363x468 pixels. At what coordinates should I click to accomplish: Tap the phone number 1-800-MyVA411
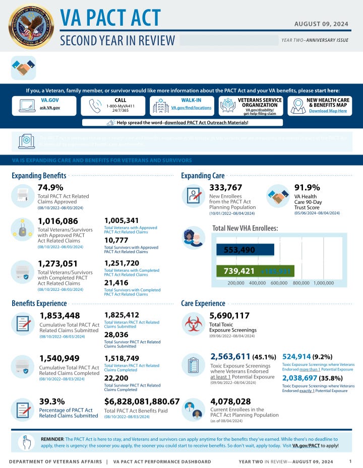[x=120, y=106]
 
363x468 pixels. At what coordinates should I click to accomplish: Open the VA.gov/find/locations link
[x=191, y=108]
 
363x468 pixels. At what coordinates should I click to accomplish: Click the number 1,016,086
[x=58, y=221]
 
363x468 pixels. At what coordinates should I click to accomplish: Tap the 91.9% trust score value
[x=307, y=188]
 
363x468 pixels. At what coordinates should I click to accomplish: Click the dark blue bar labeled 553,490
[x=245, y=250]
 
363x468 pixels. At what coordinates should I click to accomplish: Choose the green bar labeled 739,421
[x=245, y=271]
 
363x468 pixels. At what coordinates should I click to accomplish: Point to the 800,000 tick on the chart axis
[x=300, y=283]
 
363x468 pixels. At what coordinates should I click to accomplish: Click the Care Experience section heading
[x=203, y=303]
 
